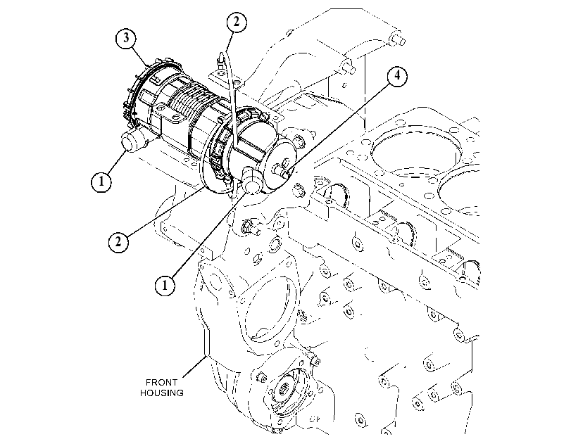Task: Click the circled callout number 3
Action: pyautogui.click(x=126, y=38)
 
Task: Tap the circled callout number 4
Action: pyautogui.click(x=397, y=76)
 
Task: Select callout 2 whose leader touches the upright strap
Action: pyautogui.click(x=237, y=22)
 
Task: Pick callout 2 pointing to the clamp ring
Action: pyautogui.click(x=118, y=241)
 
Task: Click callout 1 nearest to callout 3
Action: pyautogui.click(x=101, y=181)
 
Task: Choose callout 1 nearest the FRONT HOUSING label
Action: pyautogui.click(x=165, y=285)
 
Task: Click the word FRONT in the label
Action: pyautogui.click(x=161, y=382)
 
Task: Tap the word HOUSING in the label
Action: pyautogui.click(x=162, y=393)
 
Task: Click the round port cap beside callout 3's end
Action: pyautogui.click(x=132, y=139)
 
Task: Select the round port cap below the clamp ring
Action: pyautogui.click(x=251, y=181)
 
